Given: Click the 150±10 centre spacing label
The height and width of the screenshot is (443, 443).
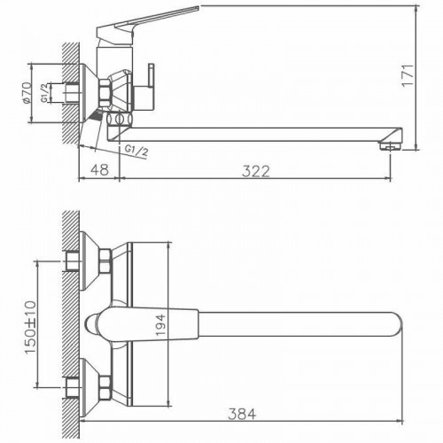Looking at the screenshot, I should (x=32, y=323).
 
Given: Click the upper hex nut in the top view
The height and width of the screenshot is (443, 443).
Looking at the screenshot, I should (x=104, y=259).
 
